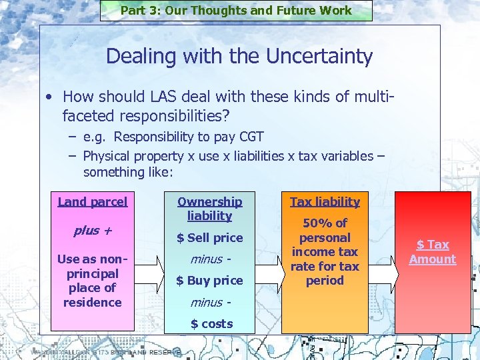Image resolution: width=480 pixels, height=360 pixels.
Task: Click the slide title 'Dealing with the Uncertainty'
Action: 239,56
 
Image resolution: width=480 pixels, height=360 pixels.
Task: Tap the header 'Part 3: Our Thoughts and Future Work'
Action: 236,10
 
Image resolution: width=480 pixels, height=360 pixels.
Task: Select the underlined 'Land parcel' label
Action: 92,201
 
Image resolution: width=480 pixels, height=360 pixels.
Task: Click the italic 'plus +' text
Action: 92,231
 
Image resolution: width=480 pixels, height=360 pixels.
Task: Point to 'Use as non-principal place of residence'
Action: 92,281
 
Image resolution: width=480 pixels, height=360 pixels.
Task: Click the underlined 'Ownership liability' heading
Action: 209,209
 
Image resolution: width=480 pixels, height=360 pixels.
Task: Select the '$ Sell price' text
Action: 209,237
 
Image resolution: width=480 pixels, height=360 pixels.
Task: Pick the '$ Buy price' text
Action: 209,280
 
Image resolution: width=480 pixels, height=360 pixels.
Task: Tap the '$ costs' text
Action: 211,323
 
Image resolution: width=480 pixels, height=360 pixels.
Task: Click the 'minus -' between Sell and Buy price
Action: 209,259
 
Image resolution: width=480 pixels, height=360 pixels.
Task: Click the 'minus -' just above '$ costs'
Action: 209,302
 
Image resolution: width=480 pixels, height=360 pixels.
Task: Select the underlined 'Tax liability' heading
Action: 325,201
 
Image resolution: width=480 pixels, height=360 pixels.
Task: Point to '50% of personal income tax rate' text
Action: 325,251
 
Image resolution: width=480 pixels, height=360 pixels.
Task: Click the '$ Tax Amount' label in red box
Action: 433,252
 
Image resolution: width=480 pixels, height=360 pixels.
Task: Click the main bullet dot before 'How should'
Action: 50,97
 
